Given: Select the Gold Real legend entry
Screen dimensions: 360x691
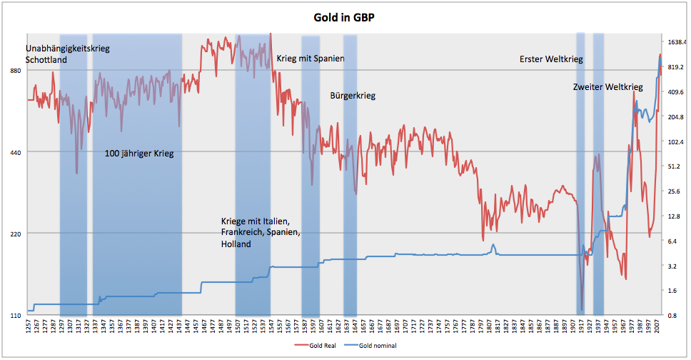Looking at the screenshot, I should point(316,346).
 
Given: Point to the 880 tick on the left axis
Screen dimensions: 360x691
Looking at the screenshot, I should point(16,70).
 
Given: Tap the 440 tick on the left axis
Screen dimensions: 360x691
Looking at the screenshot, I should point(16,152).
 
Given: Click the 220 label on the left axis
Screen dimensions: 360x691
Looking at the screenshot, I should point(16,234).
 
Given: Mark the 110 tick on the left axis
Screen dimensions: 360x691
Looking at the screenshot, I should point(16,315).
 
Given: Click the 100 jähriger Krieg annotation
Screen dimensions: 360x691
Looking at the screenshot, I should point(139,154).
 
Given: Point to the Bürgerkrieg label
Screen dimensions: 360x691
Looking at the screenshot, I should point(353,96).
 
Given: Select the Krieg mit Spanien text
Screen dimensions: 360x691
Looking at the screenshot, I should point(311,59).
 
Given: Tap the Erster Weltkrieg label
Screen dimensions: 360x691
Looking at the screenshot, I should point(551,59).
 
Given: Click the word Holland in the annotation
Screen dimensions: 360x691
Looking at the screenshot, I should point(236,244).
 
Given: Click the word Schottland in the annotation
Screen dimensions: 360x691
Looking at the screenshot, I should point(46,60).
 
